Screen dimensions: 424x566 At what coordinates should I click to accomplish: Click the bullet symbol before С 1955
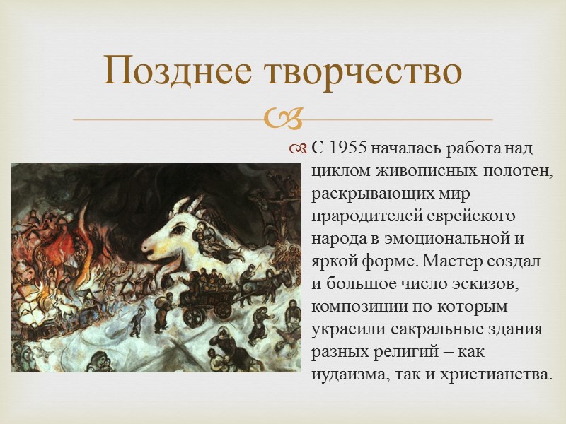click(x=297, y=149)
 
